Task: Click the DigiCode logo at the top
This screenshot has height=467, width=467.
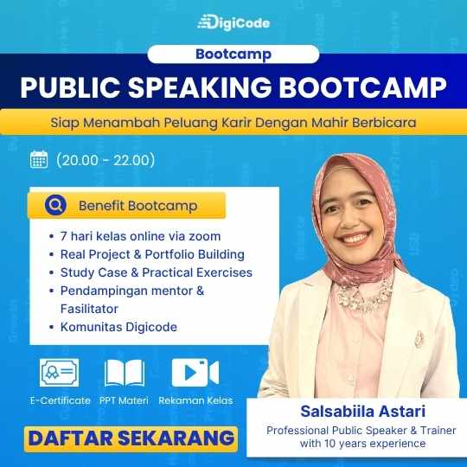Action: tap(233, 22)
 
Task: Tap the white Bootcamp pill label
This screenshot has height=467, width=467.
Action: tap(233, 54)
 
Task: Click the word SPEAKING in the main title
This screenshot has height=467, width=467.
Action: tap(200, 87)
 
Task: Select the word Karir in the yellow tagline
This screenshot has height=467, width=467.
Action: tap(236, 123)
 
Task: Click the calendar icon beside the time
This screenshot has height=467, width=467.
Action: tap(39, 160)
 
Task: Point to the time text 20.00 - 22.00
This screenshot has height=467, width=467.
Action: tap(106, 160)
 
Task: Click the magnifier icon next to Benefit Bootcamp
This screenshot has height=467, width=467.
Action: tap(55, 205)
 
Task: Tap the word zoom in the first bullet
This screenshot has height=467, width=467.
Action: tap(205, 236)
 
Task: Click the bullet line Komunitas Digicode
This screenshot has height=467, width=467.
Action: tap(118, 327)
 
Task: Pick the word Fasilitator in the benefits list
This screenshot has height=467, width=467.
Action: tap(89, 309)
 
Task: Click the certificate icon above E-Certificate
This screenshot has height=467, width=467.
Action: tap(60, 373)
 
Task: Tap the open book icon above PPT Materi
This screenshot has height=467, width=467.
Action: tap(125, 373)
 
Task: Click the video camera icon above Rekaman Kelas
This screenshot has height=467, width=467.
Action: tap(195, 373)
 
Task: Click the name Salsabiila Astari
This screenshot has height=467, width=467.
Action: tap(362, 412)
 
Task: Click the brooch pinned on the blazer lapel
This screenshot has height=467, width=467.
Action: tap(419, 340)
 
